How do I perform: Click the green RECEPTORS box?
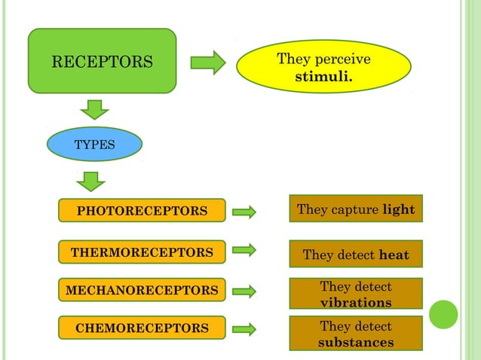coord(102,61)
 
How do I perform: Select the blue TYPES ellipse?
coord(94,144)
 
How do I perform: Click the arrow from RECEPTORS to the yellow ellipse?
coord(208,62)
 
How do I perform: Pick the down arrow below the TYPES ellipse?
coord(91,182)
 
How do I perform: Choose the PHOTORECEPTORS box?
coord(142,211)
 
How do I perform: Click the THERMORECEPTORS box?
coord(142,252)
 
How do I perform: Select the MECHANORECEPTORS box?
coord(142,290)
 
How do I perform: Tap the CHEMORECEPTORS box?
coord(142,328)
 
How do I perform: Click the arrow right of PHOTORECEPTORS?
coord(244,212)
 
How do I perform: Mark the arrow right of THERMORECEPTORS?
coord(244,249)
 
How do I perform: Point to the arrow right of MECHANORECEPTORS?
coord(244,291)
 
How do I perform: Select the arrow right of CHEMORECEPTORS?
coord(244,329)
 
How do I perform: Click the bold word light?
coord(398,209)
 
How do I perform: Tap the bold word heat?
coord(394,255)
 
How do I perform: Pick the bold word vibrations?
coord(356,303)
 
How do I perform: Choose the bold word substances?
coord(356,343)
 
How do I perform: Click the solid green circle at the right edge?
coord(443,314)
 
